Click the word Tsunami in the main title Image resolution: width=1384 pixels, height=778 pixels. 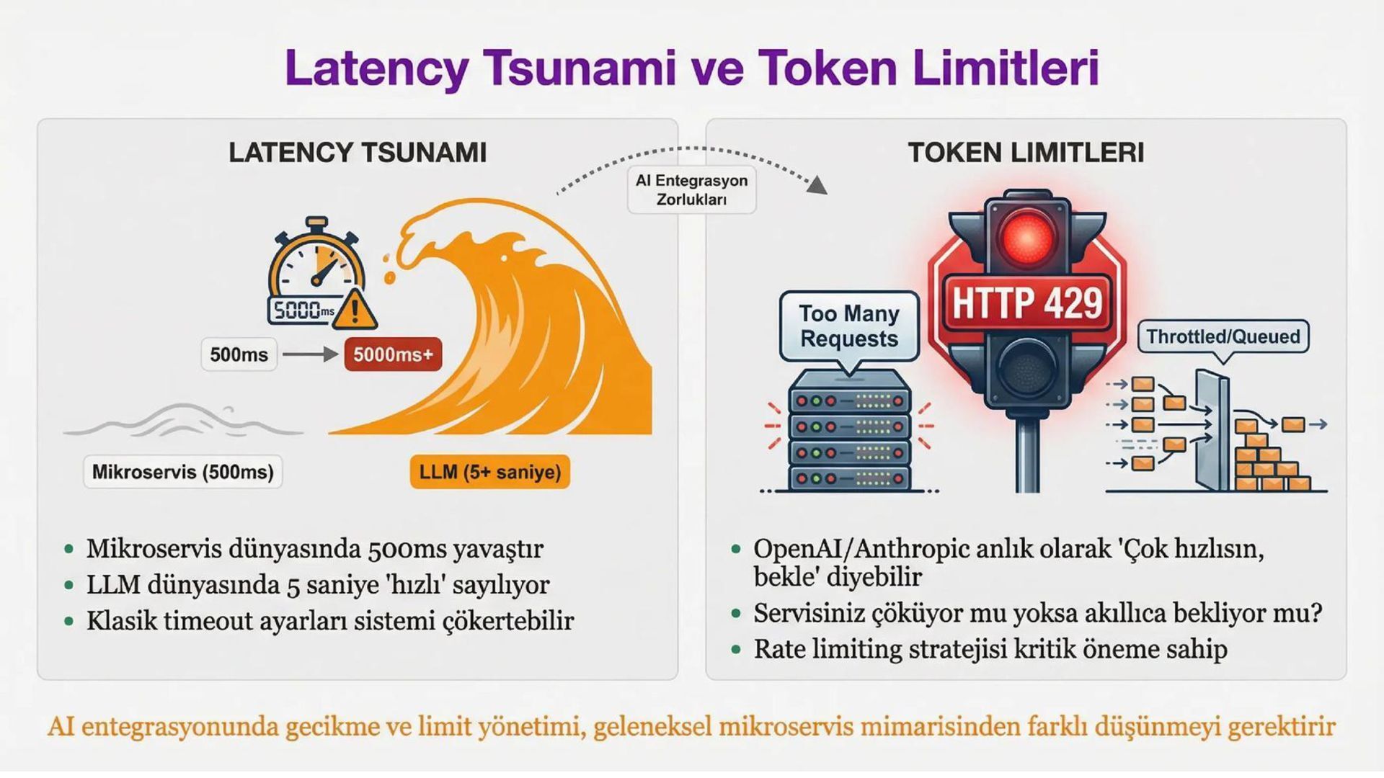[580, 68]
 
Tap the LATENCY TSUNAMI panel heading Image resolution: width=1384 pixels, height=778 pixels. [358, 153]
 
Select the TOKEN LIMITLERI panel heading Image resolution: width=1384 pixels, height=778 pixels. [1026, 153]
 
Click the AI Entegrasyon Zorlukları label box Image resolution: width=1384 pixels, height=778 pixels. [691, 190]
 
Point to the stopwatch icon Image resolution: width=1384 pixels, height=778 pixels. [316, 267]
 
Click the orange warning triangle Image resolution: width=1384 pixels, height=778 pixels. [354, 310]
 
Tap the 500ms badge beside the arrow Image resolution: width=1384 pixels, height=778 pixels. [239, 354]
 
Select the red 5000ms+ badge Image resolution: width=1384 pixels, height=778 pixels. [393, 354]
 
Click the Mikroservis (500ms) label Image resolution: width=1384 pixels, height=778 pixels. [182, 473]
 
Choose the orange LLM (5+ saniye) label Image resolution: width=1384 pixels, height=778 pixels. [490, 473]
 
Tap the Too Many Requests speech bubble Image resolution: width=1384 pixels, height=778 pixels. [849, 326]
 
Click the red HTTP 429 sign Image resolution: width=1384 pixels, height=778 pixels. [1027, 303]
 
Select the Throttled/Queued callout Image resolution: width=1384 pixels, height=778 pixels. [1223, 336]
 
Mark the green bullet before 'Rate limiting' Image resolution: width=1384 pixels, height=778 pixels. [736, 650]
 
